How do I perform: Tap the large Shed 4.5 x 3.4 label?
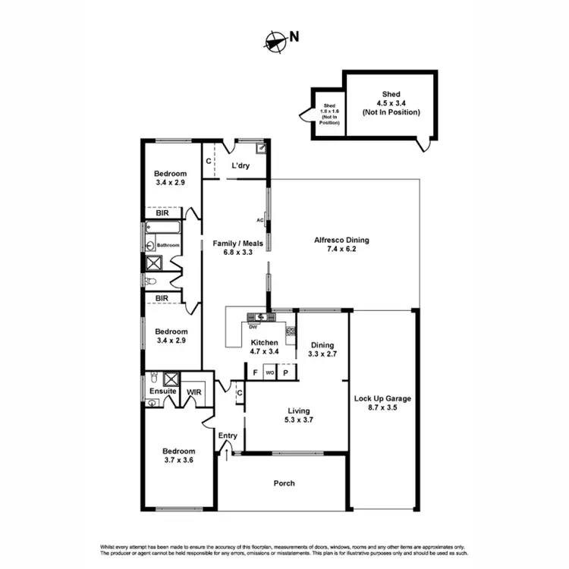(391, 102)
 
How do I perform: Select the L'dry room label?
(241, 166)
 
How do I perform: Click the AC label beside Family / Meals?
(260, 221)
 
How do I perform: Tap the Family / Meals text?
(232, 248)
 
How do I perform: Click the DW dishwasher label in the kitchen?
(253, 326)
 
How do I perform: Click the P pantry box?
(286, 372)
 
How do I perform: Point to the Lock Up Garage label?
(382, 403)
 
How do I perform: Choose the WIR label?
(193, 392)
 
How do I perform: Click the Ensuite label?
(162, 391)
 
